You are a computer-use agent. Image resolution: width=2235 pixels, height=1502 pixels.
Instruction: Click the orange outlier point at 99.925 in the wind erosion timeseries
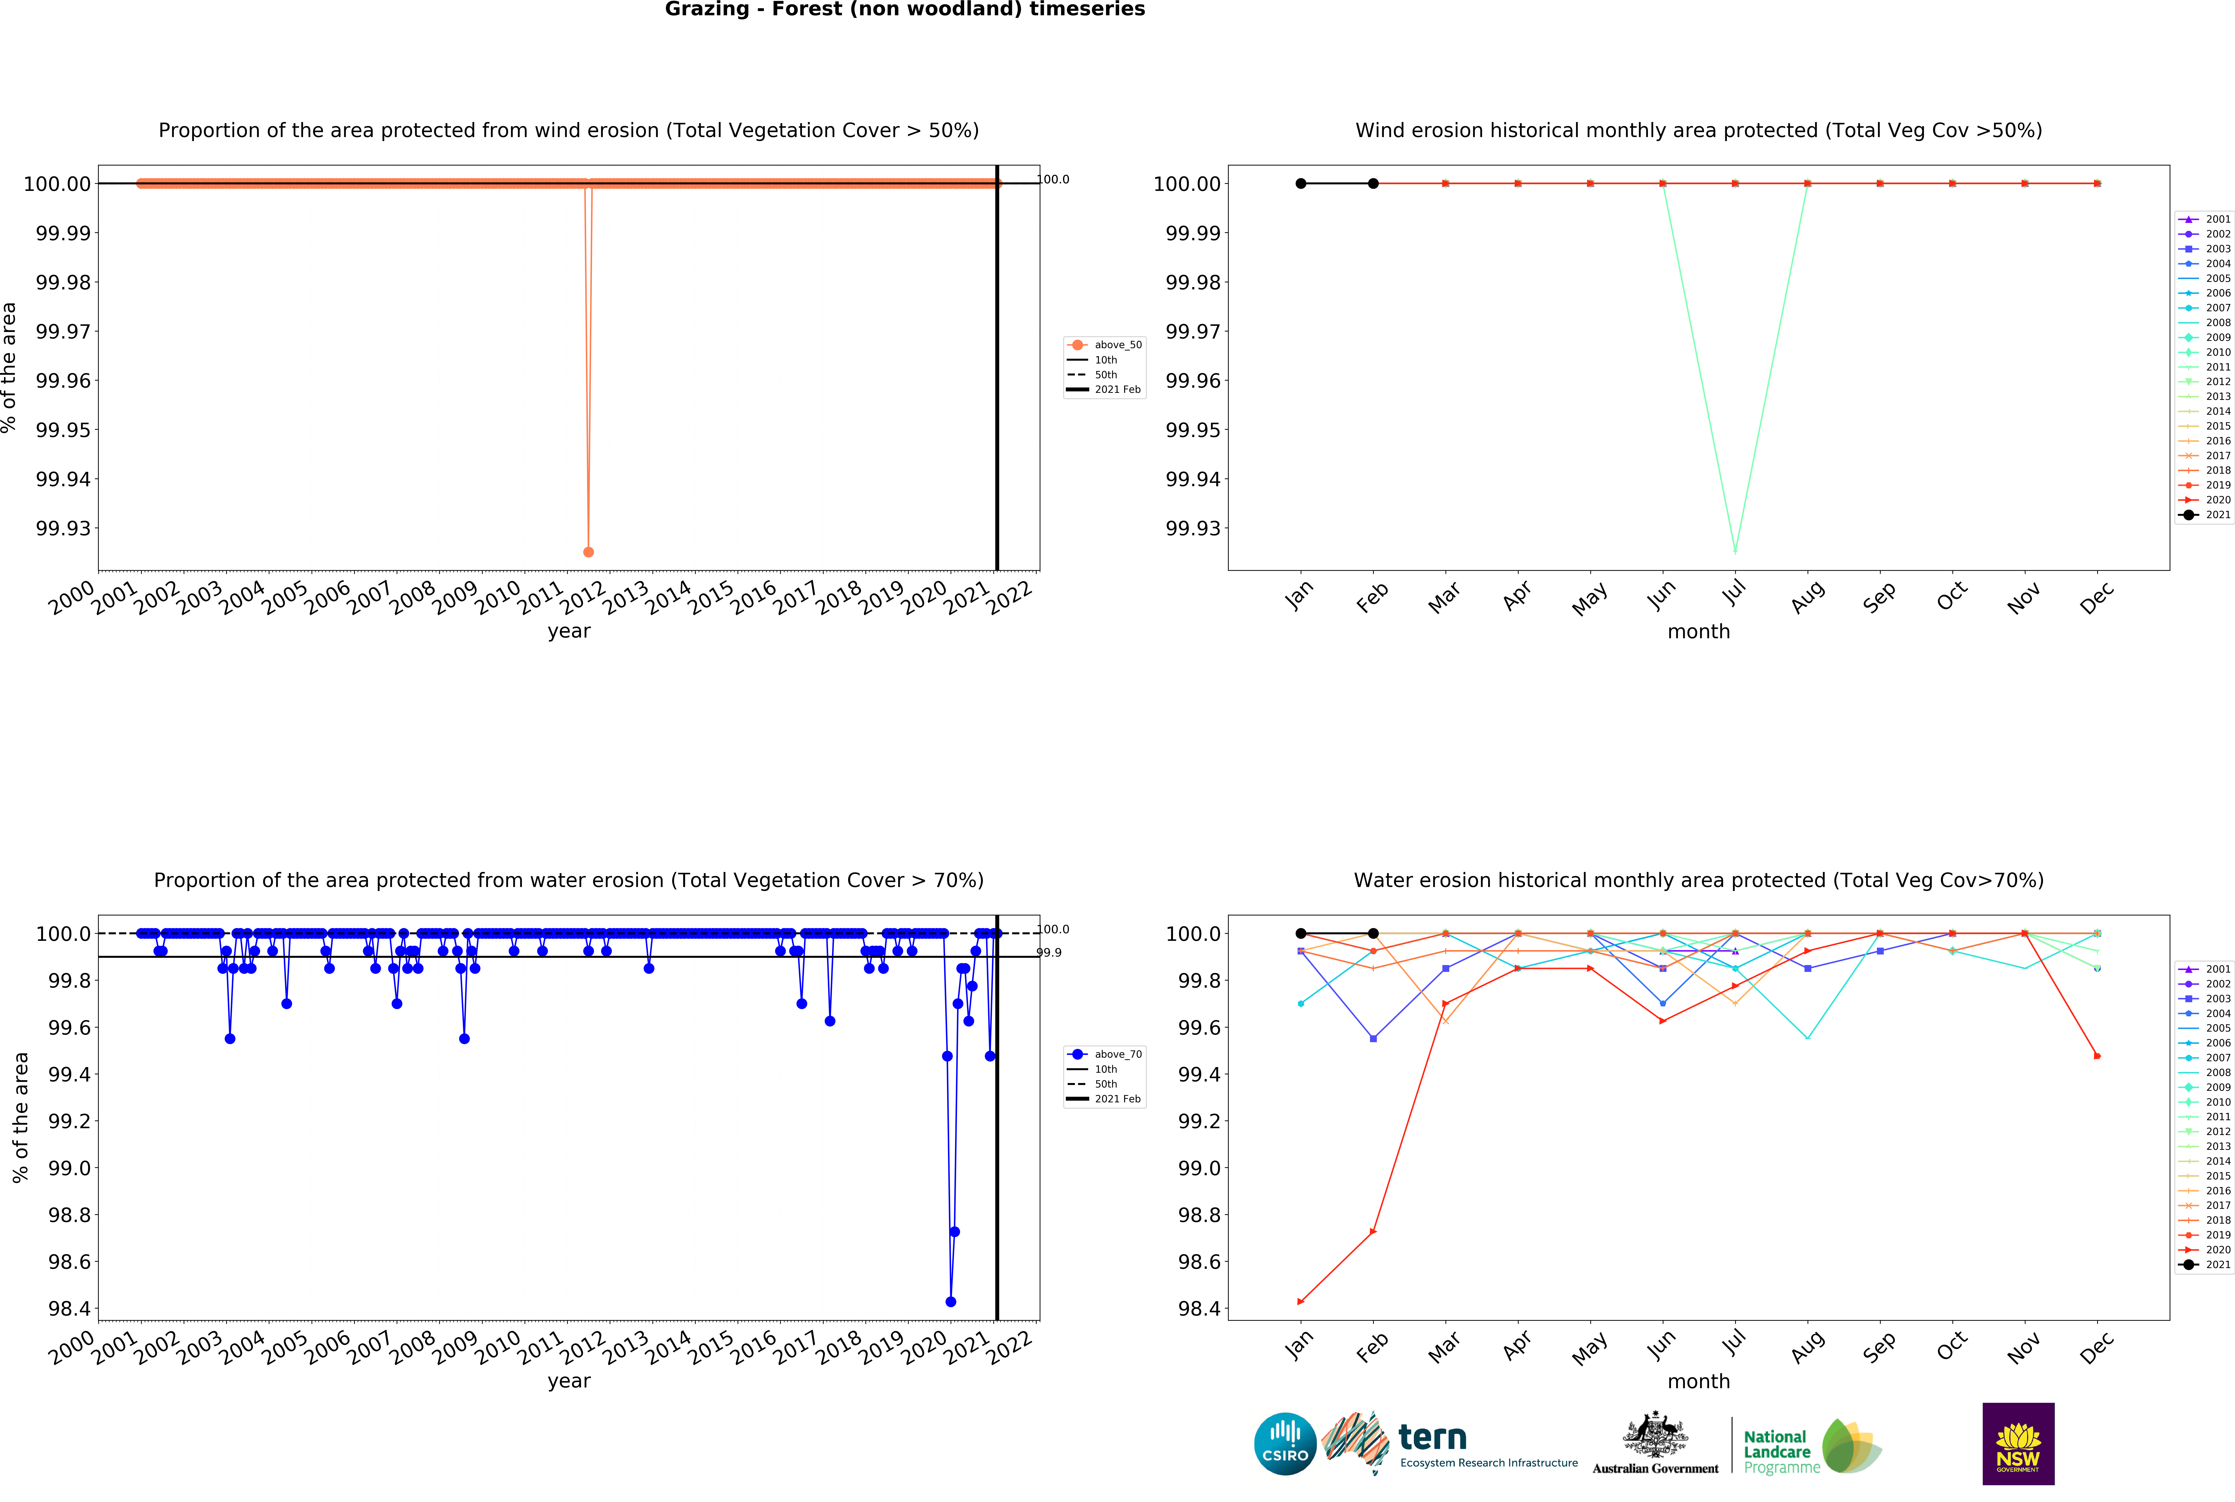click(588, 552)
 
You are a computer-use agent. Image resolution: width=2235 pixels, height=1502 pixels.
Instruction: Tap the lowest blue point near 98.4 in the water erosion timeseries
click(950, 1302)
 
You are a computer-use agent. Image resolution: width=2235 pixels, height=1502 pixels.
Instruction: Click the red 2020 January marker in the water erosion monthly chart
click(1300, 1302)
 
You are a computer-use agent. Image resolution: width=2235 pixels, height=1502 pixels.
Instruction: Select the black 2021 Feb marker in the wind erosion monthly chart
click(1373, 183)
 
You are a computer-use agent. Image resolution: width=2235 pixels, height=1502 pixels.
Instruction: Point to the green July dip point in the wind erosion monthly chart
click(1735, 552)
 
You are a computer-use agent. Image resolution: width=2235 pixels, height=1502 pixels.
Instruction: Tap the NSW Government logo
click(2018, 1443)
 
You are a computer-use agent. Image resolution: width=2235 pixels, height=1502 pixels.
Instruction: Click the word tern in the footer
click(1432, 1437)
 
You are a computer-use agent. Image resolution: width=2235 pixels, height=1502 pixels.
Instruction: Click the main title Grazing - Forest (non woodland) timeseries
click(904, 10)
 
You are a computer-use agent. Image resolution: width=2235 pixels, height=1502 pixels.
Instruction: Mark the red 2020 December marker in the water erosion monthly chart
click(2097, 1056)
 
